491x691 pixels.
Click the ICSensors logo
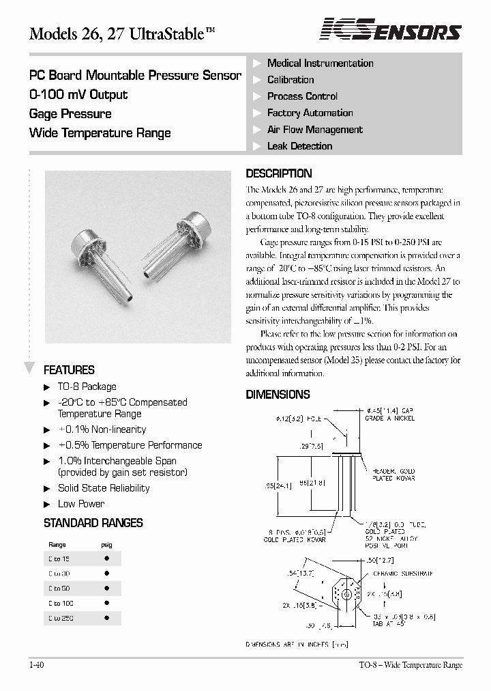391,30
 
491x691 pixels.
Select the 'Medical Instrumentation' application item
320,64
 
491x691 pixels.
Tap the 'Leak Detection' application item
299,146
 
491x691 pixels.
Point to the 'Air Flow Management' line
314,130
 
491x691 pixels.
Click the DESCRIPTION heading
278,173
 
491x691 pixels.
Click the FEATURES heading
69,370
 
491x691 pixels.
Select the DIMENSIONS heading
278,395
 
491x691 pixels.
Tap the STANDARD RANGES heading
93,523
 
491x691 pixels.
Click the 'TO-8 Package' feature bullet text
87,386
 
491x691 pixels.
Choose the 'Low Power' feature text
81,504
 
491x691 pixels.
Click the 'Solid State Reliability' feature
104,488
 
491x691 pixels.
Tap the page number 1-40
37,665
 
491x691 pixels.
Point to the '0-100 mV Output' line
78,95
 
